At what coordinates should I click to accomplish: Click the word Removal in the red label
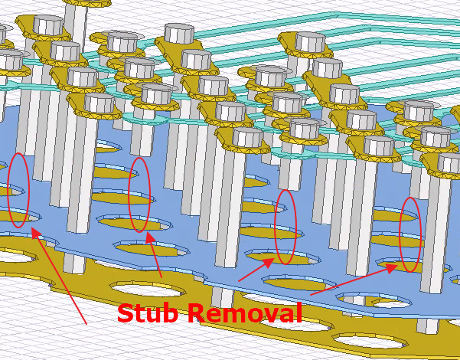[245, 313]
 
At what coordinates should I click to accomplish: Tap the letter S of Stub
[126, 313]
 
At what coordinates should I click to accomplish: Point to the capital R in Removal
[197, 313]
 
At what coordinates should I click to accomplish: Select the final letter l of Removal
[299, 313]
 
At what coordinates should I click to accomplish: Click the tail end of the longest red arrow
[86, 324]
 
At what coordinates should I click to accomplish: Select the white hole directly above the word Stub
[148, 289]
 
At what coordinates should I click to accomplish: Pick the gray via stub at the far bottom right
[428, 326]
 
